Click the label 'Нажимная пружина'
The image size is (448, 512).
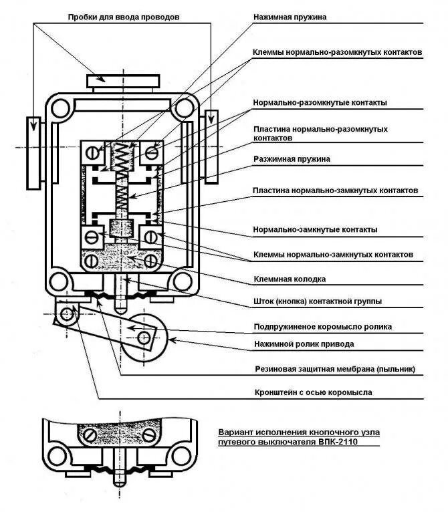(290, 17)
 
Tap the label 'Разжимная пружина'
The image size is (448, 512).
(292, 159)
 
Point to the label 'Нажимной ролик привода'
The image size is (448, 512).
(304, 344)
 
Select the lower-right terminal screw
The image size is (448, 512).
(151, 236)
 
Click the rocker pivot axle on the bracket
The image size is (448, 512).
(66, 313)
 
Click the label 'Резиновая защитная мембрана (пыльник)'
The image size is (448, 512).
(335, 368)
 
